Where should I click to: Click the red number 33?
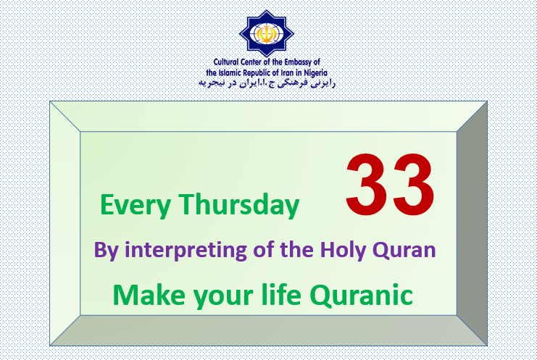point(390,185)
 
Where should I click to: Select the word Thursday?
point(239,204)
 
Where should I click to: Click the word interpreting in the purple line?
point(186,251)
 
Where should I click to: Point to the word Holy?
point(344,250)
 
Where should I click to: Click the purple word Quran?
point(404,250)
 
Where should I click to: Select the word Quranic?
point(362,295)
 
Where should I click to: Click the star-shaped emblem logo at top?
point(267,33)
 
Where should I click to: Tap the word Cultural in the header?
point(225,62)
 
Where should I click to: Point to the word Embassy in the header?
point(299,62)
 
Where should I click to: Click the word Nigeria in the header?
point(316,73)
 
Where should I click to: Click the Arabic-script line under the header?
point(267,83)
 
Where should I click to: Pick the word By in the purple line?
point(106,251)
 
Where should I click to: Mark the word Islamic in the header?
point(230,72)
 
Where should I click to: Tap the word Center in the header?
point(251,62)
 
